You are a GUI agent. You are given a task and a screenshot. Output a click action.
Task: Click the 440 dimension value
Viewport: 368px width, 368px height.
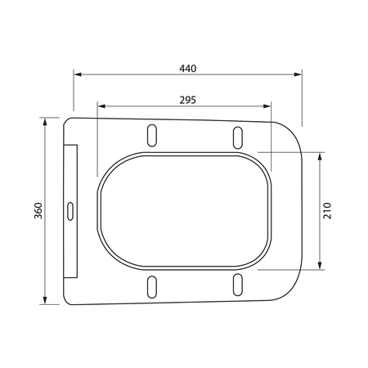point(188,69)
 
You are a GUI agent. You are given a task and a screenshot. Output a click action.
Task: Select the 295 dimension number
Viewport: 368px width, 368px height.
point(188,101)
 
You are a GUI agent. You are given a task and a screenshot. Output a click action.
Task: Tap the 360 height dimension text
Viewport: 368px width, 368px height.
point(38,211)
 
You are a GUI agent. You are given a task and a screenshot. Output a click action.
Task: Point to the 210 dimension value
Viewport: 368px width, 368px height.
point(327,211)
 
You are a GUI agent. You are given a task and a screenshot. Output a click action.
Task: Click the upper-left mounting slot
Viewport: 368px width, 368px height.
point(152,136)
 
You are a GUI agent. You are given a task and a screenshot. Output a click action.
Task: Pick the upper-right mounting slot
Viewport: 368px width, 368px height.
point(238,137)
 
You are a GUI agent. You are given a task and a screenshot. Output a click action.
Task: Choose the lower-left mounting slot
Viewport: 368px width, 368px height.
point(152,287)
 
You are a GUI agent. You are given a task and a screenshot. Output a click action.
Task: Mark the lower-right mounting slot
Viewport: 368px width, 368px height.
point(238,285)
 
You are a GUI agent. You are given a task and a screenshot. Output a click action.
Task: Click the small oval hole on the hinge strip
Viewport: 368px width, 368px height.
point(70,211)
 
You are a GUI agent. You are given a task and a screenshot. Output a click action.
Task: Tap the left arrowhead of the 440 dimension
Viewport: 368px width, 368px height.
point(78,74)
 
